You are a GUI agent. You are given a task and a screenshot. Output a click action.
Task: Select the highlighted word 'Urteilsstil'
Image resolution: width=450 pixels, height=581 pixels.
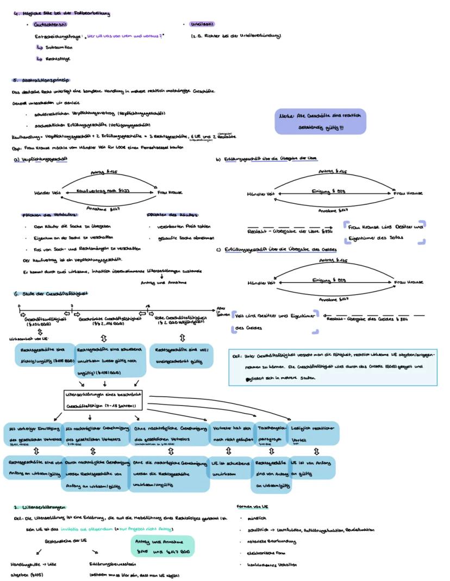(x=202, y=24)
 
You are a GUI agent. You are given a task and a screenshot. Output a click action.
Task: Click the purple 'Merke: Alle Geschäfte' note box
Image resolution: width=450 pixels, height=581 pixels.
(x=320, y=121)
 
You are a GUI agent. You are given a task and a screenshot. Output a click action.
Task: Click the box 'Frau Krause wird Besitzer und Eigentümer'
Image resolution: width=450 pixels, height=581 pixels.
(x=385, y=232)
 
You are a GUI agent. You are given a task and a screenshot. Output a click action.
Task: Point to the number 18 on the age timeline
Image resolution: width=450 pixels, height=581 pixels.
(x=148, y=306)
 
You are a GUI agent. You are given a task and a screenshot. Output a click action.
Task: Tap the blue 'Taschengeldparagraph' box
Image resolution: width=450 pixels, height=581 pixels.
(x=271, y=433)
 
